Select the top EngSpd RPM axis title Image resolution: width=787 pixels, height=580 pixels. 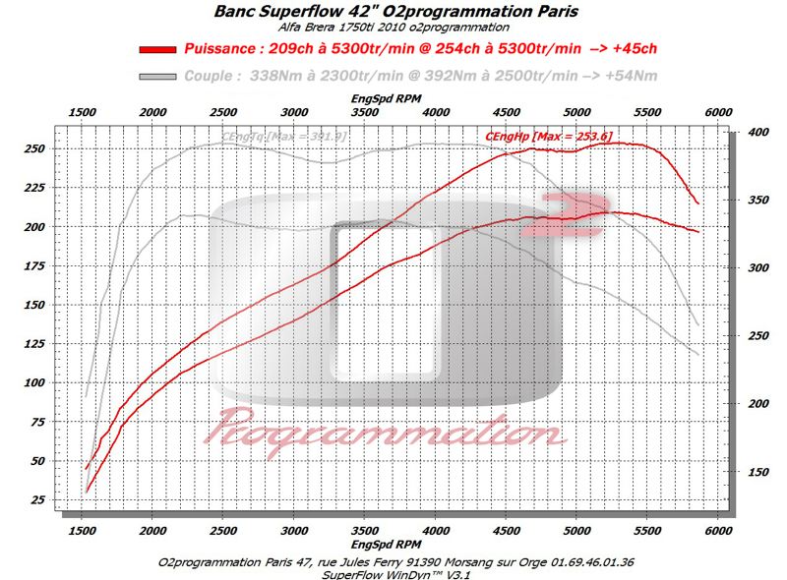(x=393, y=100)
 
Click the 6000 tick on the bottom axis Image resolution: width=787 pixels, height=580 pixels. (x=717, y=529)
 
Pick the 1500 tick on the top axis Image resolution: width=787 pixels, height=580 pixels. (x=83, y=114)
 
